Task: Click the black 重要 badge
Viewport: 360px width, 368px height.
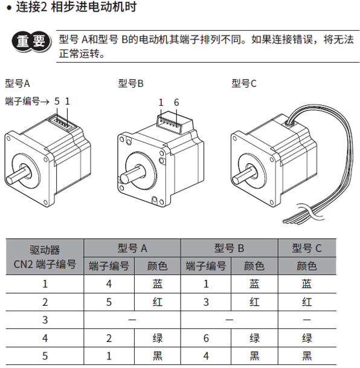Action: click(31, 42)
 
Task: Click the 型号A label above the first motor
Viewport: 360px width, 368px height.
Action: click(18, 83)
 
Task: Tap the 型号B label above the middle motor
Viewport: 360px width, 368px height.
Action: click(130, 83)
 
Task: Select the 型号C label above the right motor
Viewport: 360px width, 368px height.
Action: click(244, 83)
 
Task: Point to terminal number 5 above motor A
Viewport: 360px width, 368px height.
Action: click(57, 102)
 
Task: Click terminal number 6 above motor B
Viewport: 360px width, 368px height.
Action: click(176, 102)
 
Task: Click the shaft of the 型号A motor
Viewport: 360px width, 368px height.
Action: click(18, 174)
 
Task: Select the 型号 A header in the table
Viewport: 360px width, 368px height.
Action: click(132, 248)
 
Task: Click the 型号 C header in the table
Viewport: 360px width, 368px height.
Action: click(307, 248)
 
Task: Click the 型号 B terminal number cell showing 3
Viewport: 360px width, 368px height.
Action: click(206, 302)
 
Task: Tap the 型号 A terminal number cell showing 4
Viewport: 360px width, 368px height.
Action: click(109, 284)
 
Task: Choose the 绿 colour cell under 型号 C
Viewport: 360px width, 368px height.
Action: click(307, 338)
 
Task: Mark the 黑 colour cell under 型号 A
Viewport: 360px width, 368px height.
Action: click(158, 356)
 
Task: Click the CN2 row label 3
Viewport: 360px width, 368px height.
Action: click(45, 320)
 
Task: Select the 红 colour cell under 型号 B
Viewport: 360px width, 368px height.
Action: click(254, 302)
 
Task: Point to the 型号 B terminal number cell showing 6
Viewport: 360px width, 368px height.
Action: click(206, 338)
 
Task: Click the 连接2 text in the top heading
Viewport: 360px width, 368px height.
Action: click(31, 7)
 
